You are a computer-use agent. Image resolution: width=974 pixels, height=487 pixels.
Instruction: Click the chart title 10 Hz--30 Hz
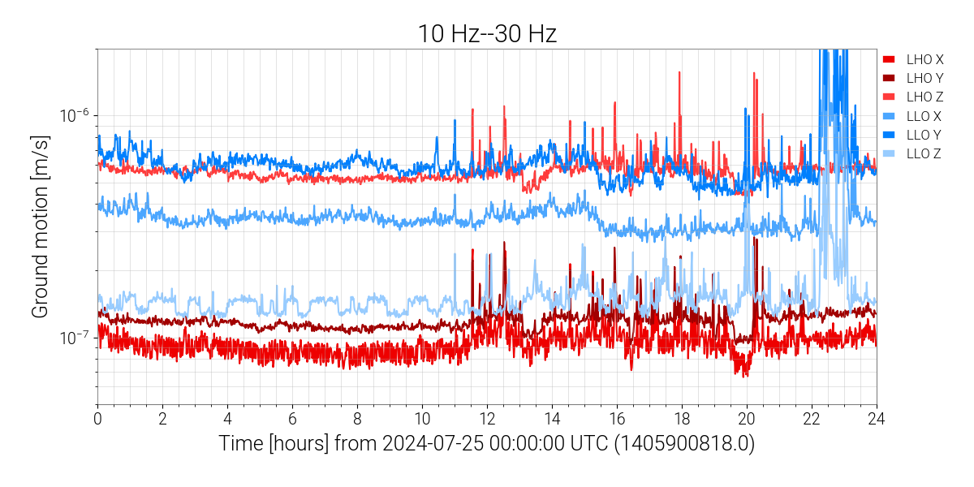click(x=487, y=33)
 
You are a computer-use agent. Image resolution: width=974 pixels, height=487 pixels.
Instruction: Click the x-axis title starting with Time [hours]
click(x=487, y=444)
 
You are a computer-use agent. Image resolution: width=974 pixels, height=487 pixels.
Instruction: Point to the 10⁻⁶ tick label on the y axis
click(x=74, y=115)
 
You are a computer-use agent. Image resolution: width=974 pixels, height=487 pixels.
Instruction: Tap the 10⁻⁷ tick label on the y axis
click(x=74, y=337)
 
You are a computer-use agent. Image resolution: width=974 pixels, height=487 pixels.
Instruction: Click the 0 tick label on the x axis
click(x=97, y=418)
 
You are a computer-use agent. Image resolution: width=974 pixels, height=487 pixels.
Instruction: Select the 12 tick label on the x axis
click(x=487, y=418)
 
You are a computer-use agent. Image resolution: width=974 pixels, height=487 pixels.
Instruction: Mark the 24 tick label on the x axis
click(x=877, y=418)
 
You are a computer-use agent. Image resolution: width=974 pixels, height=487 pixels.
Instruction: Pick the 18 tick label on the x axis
click(x=682, y=418)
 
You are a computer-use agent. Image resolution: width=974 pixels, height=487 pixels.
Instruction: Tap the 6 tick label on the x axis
click(x=292, y=418)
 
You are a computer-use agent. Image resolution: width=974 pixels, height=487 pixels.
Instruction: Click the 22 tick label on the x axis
click(x=812, y=418)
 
